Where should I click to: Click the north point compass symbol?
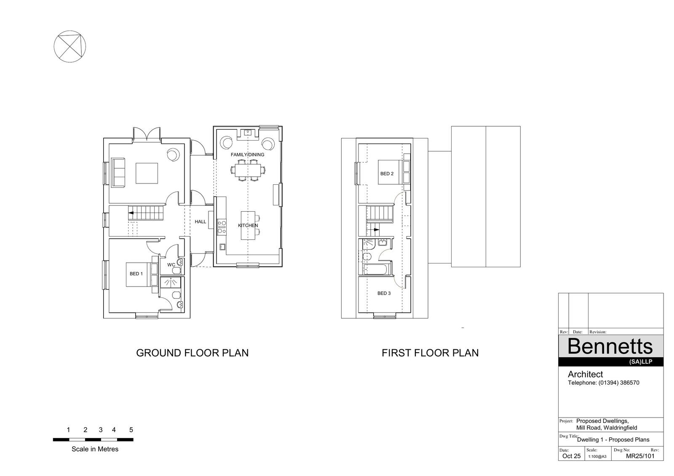(x=70, y=46)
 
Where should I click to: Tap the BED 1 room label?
(x=136, y=274)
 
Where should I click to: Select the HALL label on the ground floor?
(x=201, y=222)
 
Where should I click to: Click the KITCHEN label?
(x=248, y=226)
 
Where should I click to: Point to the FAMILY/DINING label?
(x=247, y=154)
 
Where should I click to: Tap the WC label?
(x=171, y=265)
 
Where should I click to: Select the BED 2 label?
(x=387, y=173)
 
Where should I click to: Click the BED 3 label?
(x=384, y=293)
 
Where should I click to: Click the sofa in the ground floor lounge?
(x=118, y=173)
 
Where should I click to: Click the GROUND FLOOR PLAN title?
(x=192, y=353)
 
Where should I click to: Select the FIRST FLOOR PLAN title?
(x=430, y=353)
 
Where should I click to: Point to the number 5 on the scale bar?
(x=131, y=430)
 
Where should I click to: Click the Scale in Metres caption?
(x=95, y=449)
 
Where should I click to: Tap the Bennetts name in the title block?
(x=610, y=346)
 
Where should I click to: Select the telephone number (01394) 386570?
(x=619, y=383)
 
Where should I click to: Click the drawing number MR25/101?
(x=640, y=456)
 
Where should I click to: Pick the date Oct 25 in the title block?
(x=571, y=456)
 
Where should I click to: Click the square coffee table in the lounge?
(x=147, y=173)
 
